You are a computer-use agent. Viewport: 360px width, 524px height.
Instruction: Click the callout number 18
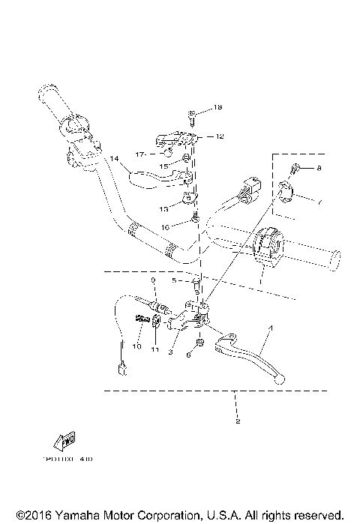[217, 109]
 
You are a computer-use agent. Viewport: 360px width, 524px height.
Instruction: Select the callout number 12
[220, 136]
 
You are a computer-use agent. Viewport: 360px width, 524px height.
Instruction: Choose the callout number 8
[318, 169]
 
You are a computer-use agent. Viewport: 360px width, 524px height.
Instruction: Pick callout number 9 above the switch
[152, 280]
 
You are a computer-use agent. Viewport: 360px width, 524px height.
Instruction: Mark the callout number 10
[137, 346]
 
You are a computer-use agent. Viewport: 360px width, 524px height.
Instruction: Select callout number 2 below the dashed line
[238, 422]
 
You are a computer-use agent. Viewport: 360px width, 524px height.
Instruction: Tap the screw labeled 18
[192, 114]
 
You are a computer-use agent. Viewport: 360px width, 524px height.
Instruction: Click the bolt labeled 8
[296, 168]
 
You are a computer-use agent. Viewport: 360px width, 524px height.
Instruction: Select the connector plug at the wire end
[118, 367]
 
